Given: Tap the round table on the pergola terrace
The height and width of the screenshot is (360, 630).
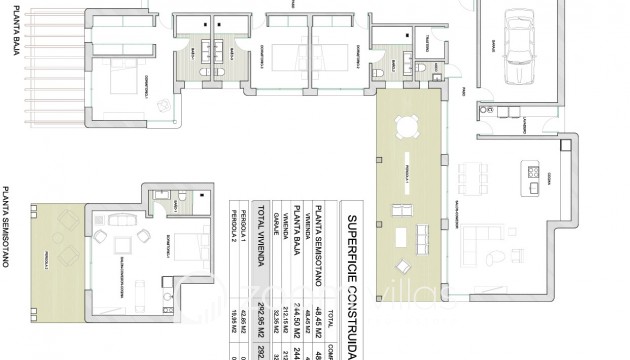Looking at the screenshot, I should click(x=406, y=127).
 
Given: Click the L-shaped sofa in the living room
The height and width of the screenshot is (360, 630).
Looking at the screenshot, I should click(x=488, y=244).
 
